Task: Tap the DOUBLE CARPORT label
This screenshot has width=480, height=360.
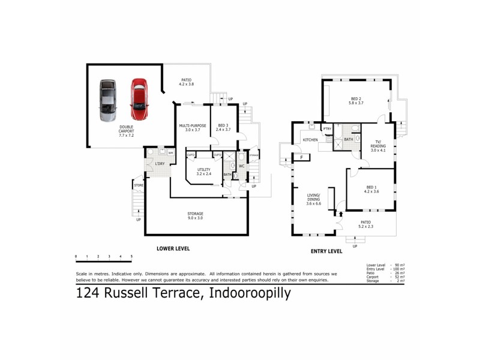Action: click(126, 131)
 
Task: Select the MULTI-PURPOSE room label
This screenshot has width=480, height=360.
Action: click(193, 128)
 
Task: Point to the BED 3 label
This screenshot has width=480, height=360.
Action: click(223, 128)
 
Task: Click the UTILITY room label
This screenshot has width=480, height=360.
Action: click(204, 172)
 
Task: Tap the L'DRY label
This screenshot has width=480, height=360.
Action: click(160, 164)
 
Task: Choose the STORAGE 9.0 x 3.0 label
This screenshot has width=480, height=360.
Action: click(195, 216)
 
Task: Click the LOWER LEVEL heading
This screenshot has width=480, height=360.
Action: click(173, 248)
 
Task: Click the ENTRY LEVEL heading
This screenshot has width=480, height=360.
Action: click(326, 251)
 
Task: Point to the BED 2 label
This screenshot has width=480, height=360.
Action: click(356, 101)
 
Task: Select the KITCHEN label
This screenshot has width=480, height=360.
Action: click(310, 140)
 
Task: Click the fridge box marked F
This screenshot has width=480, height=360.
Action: click(301, 158)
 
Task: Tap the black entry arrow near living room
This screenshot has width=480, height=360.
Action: click(341, 211)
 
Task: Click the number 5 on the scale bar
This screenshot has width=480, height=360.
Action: click(131, 256)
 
